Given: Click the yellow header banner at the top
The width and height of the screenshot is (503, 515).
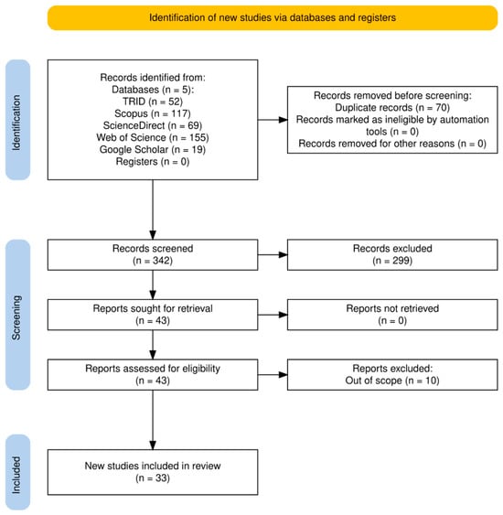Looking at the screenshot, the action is [x=273, y=17].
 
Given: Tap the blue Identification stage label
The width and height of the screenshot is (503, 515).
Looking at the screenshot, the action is [x=17, y=120].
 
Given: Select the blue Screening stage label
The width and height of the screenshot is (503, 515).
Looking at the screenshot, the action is [x=17, y=315].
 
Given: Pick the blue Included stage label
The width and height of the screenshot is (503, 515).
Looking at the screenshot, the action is [x=17, y=472].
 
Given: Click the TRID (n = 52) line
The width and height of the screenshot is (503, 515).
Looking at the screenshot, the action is [x=153, y=102].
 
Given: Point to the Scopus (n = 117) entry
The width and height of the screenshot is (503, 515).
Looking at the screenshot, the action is [x=153, y=113].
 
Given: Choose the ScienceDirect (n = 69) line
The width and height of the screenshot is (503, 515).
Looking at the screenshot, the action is [x=153, y=125].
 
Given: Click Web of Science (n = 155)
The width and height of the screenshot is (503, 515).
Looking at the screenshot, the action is [x=153, y=137].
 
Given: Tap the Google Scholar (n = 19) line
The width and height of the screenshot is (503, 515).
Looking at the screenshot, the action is [x=153, y=149].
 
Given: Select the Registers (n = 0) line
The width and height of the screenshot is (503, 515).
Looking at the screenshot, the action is [x=153, y=162].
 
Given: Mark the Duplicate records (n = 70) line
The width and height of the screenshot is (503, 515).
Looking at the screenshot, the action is [x=392, y=108].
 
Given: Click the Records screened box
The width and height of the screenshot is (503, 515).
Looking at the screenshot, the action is [x=153, y=255].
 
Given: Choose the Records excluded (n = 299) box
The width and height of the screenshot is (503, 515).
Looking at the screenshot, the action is [x=392, y=255].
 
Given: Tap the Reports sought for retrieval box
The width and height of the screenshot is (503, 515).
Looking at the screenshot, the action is [x=153, y=315].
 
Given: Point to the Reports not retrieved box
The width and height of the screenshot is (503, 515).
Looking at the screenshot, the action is [x=392, y=315].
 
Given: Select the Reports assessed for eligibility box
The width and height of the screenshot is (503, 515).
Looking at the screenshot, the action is [x=153, y=375].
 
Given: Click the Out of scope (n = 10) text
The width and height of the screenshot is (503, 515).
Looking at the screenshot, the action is [x=392, y=381].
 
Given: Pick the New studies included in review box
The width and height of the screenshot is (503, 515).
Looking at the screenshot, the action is [x=153, y=472].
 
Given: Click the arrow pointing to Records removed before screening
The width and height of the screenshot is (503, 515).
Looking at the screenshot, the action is [x=273, y=120].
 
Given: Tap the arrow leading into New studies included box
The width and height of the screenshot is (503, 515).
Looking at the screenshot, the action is [x=153, y=420].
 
